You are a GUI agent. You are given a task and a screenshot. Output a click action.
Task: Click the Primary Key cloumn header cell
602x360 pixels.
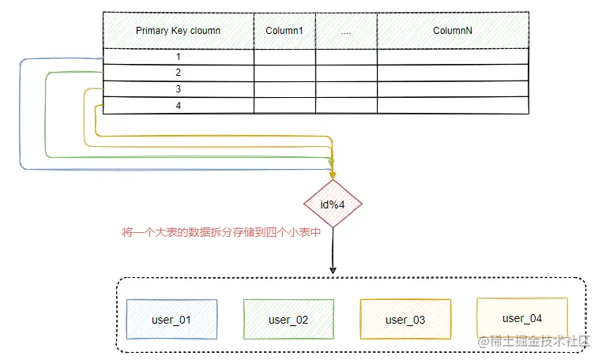pyautogui.click(x=178, y=31)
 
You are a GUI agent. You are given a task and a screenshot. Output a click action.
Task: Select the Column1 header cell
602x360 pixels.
pyautogui.click(x=284, y=31)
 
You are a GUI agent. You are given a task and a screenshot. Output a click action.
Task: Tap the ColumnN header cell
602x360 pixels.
pyautogui.click(x=453, y=31)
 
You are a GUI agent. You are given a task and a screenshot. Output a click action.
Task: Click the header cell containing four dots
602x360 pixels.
pyautogui.click(x=346, y=31)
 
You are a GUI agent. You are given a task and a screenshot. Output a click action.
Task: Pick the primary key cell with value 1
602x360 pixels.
pyautogui.click(x=178, y=57)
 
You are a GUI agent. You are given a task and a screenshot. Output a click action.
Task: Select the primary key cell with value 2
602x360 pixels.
pyautogui.click(x=178, y=73)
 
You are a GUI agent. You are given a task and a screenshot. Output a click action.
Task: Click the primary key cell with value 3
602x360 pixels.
pyautogui.click(x=178, y=89)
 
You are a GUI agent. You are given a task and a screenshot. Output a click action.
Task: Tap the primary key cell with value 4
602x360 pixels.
pyautogui.click(x=178, y=106)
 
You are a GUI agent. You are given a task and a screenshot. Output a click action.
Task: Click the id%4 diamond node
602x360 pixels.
pyautogui.click(x=333, y=204)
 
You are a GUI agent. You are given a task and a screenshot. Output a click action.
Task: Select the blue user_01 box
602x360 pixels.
pyautogui.click(x=171, y=320)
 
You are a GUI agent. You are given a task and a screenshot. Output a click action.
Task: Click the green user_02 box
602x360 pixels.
pyautogui.click(x=288, y=320)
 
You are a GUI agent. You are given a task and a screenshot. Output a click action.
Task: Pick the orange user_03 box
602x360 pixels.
pyautogui.click(x=405, y=320)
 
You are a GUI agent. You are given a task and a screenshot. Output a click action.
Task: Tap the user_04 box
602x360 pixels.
pyautogui.click(x=522, y=318)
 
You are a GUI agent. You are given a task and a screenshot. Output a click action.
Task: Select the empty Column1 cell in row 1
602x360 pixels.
pyautogui.click(x=284, y=57)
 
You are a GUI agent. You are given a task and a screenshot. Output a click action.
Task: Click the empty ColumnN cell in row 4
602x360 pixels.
pyautogui.click(x=453, y=106)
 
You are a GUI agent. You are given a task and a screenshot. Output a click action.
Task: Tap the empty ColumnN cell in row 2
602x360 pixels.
pyautogui.click(x=453, y=73)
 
